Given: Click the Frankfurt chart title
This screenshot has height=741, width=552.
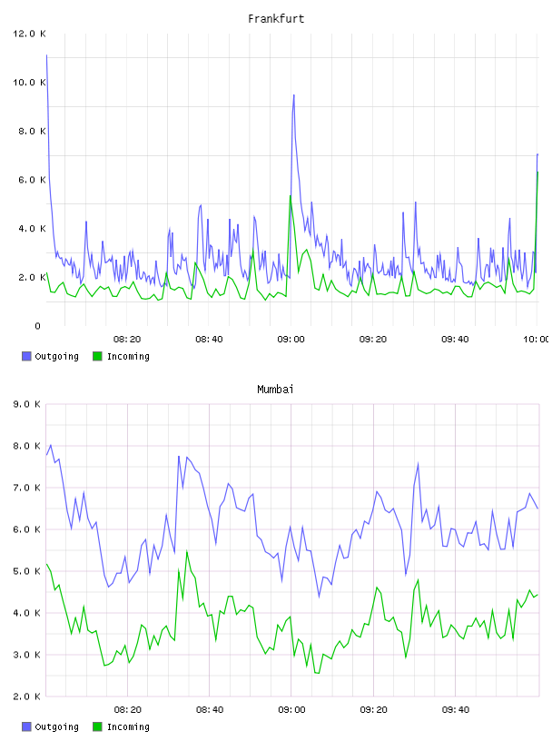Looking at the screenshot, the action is tap(276, 19).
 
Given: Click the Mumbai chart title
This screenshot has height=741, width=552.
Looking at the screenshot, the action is tap(275, 390).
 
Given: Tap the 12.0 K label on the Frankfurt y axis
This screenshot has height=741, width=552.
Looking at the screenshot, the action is tap(29, 34).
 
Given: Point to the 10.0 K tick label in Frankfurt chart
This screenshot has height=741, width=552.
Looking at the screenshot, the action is tap(29, 83).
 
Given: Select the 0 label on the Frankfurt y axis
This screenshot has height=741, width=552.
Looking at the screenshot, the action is tap(38, 326).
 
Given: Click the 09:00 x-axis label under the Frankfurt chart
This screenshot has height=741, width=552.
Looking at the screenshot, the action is tap(291, 340).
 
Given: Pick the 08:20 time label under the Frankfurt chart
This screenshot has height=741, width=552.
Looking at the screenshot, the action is tap(127, 340).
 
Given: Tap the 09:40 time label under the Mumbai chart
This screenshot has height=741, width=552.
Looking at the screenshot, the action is tap(456, 710).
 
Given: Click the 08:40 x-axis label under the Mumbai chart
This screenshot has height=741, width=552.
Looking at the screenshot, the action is tap(210, 710).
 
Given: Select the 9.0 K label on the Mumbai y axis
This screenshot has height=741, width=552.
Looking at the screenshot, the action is tap(26, 404).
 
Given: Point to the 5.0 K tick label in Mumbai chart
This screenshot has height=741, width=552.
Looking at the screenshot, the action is tap(26, 571).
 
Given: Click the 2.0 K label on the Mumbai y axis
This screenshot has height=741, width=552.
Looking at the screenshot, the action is tap(26, 697).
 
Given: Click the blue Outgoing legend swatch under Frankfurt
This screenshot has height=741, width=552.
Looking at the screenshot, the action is tap(26, 356).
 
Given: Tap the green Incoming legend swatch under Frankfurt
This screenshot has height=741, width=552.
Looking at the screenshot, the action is tap(97, 356).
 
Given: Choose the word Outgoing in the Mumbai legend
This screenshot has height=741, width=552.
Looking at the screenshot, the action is tap(56, 727).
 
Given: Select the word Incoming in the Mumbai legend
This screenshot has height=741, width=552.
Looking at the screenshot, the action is tap(128, 727).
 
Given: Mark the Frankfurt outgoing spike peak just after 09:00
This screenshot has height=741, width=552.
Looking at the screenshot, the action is tap(293, 95).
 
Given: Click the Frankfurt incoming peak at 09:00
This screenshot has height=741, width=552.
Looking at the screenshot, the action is tap(291, 195).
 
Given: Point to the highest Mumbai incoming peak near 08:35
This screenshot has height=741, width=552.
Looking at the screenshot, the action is tap(187, 551).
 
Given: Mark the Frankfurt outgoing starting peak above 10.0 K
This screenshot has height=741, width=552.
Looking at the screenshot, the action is tap(46, 55).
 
